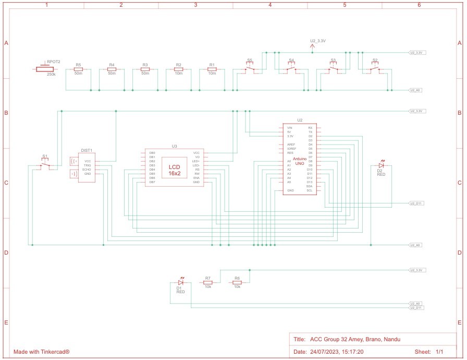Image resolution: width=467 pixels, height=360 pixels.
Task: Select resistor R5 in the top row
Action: coord(78,69)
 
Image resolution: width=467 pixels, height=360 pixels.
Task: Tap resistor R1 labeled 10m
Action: coord(212,69)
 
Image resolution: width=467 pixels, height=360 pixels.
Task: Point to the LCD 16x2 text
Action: coord(174,170)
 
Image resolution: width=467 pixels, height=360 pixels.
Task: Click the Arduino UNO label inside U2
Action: coord(300,161)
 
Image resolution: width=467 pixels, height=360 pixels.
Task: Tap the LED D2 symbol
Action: coord(380,165)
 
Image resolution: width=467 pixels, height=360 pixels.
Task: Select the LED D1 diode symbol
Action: coord(180,282)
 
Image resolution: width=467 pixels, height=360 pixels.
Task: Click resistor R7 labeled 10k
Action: coord(207,282)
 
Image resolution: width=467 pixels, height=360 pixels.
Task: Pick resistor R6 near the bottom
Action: coord(237,282)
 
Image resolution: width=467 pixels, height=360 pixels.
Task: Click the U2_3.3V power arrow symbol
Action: coord(312,47)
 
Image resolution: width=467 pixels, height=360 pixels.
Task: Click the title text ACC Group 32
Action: coord(355,339)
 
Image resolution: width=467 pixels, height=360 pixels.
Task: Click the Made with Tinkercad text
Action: coord(42,352)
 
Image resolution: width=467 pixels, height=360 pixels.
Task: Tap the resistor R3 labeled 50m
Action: coord(145,69)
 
